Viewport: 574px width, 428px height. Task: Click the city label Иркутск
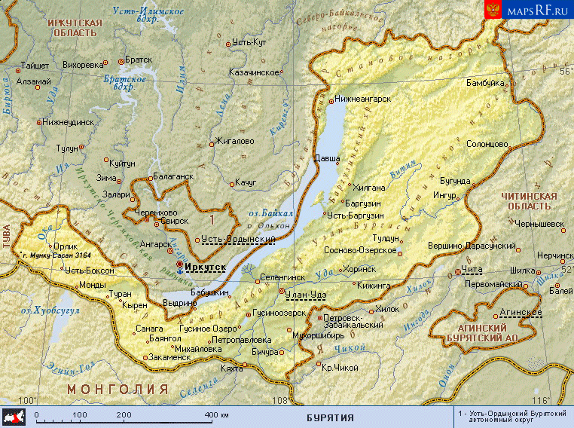click(206, 266)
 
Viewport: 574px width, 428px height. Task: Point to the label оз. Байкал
click(270, 214)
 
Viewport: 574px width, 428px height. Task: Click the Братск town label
click(139, 60)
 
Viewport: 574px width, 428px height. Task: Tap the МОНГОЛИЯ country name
click(117, 389)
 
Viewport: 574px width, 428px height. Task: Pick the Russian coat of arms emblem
click(493, 10)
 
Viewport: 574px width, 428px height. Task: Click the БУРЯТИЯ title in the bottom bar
click(330, 417)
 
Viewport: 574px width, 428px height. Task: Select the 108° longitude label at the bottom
click(280, 400)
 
